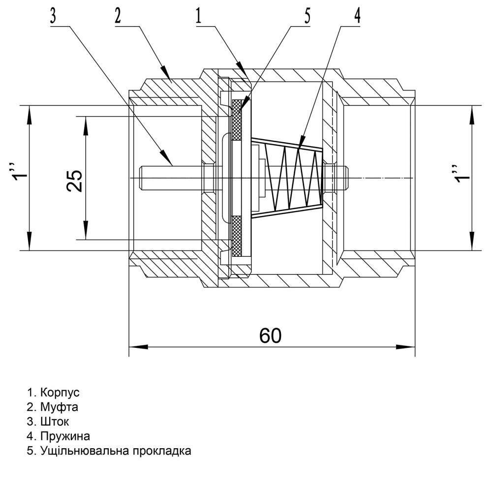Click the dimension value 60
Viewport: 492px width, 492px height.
(x=271, y=336)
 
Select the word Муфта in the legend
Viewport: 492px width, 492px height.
(x=60, y=407)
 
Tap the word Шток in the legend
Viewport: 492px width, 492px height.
(x=55, y=422)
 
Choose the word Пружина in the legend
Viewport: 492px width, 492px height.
(x=65, y=436)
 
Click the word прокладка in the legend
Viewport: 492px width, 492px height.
(x=162, y=451)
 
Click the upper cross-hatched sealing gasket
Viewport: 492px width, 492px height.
(x=237, y=121)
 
